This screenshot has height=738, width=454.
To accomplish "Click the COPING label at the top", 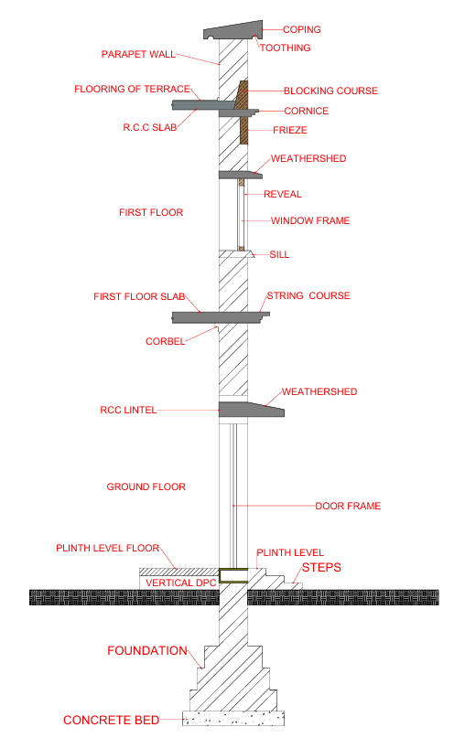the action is pos(301,29).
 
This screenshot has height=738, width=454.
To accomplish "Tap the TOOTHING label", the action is pos(286,48).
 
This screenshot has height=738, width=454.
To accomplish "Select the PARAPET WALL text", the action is pos(138,54).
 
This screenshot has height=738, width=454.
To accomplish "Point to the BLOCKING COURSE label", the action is pos(330,91).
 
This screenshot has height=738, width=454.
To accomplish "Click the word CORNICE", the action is pos(306,111).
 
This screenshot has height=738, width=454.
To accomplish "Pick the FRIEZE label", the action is pos(290,130).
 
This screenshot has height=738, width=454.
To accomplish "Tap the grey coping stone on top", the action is pos(233,30).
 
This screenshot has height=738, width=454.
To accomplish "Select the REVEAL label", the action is pos(283,194).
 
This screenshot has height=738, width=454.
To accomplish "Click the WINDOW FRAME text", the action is pos(310,220).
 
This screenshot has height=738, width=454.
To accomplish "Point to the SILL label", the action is pos(279,254).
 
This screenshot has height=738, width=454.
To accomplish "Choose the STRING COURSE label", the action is pos(308,295).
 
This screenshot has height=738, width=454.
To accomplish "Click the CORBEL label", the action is pos(166,341).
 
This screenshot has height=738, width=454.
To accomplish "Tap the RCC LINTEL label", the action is pos(128,410).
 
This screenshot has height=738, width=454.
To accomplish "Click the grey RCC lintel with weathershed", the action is pos(251,410).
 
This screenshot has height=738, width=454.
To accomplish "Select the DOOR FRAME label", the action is pos(348,506).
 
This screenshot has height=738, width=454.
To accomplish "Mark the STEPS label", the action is pos(321,567).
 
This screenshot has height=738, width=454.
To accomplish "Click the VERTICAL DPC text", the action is pos(181,583).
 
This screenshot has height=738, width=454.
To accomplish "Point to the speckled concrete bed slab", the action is pos(233,718).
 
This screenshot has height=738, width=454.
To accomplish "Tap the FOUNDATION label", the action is pos(147,650).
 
